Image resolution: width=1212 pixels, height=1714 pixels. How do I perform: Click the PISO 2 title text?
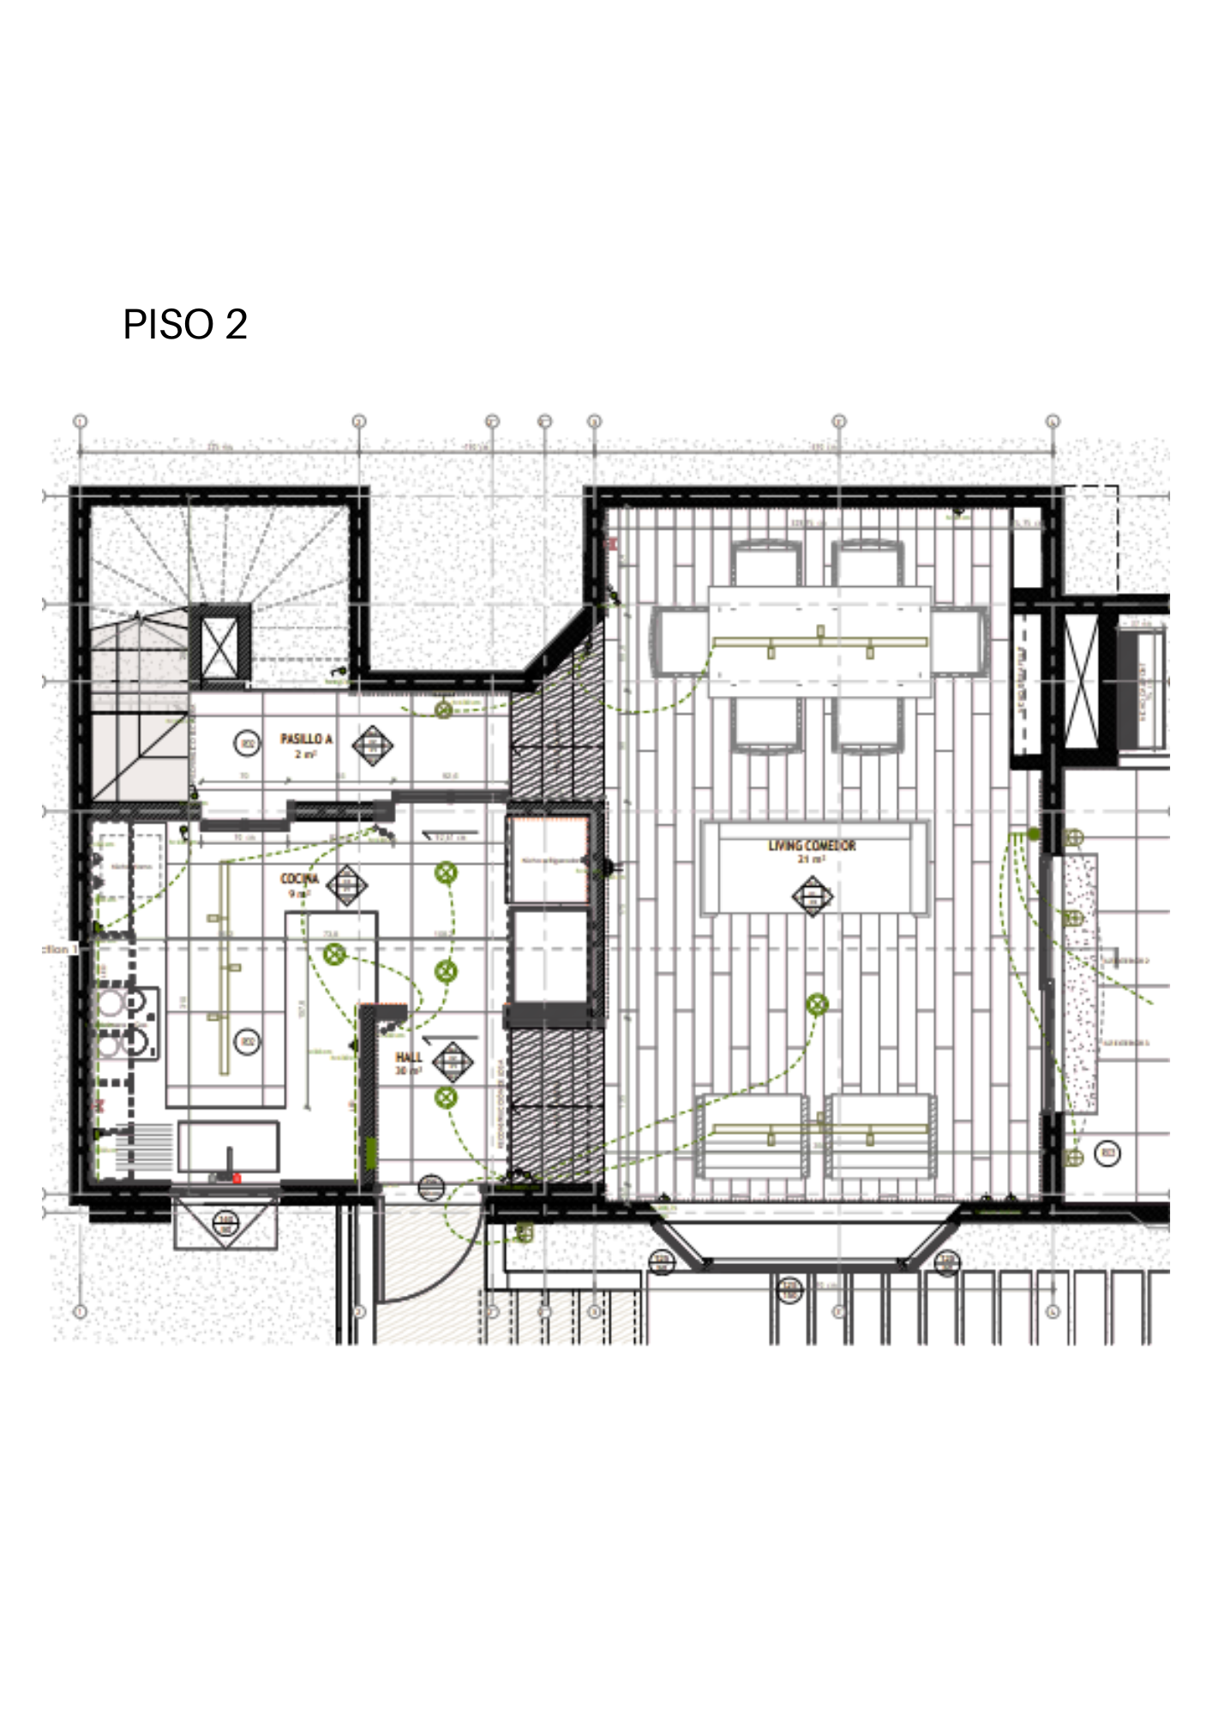pos(185,325)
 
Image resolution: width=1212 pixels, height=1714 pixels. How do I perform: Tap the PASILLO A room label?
pos(306,740)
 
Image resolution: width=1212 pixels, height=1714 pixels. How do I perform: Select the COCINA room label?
pos(299,879)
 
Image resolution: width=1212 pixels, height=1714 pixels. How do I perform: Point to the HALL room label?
pos(409,1058)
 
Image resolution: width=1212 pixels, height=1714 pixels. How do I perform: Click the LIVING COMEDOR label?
pos(812,846)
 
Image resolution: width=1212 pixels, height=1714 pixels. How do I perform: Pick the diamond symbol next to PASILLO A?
pos(373,745)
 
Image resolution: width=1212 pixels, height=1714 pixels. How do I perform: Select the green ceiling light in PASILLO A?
pos(443,710)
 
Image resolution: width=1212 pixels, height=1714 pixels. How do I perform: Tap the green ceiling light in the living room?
pos(817,1004)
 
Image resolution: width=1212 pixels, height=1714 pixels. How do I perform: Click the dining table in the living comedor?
pos(819,641)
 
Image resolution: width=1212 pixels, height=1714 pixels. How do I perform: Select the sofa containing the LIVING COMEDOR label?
pos(813,868)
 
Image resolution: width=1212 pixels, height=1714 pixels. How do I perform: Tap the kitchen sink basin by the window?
pos(228,1147)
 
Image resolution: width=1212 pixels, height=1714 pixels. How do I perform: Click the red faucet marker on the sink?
pos(237,1178)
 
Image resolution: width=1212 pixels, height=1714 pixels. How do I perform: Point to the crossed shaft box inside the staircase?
pos(220,646)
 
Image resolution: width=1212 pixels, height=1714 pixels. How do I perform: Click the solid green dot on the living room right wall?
pos(1034,834)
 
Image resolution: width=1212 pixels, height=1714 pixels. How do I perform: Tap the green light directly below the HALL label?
pos(445,1097)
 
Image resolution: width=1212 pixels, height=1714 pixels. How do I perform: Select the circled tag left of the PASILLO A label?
pos(248,743)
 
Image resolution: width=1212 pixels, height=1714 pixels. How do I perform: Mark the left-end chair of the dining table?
pos(679,641)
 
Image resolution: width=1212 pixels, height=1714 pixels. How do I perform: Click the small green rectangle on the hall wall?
pos(371,1153)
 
